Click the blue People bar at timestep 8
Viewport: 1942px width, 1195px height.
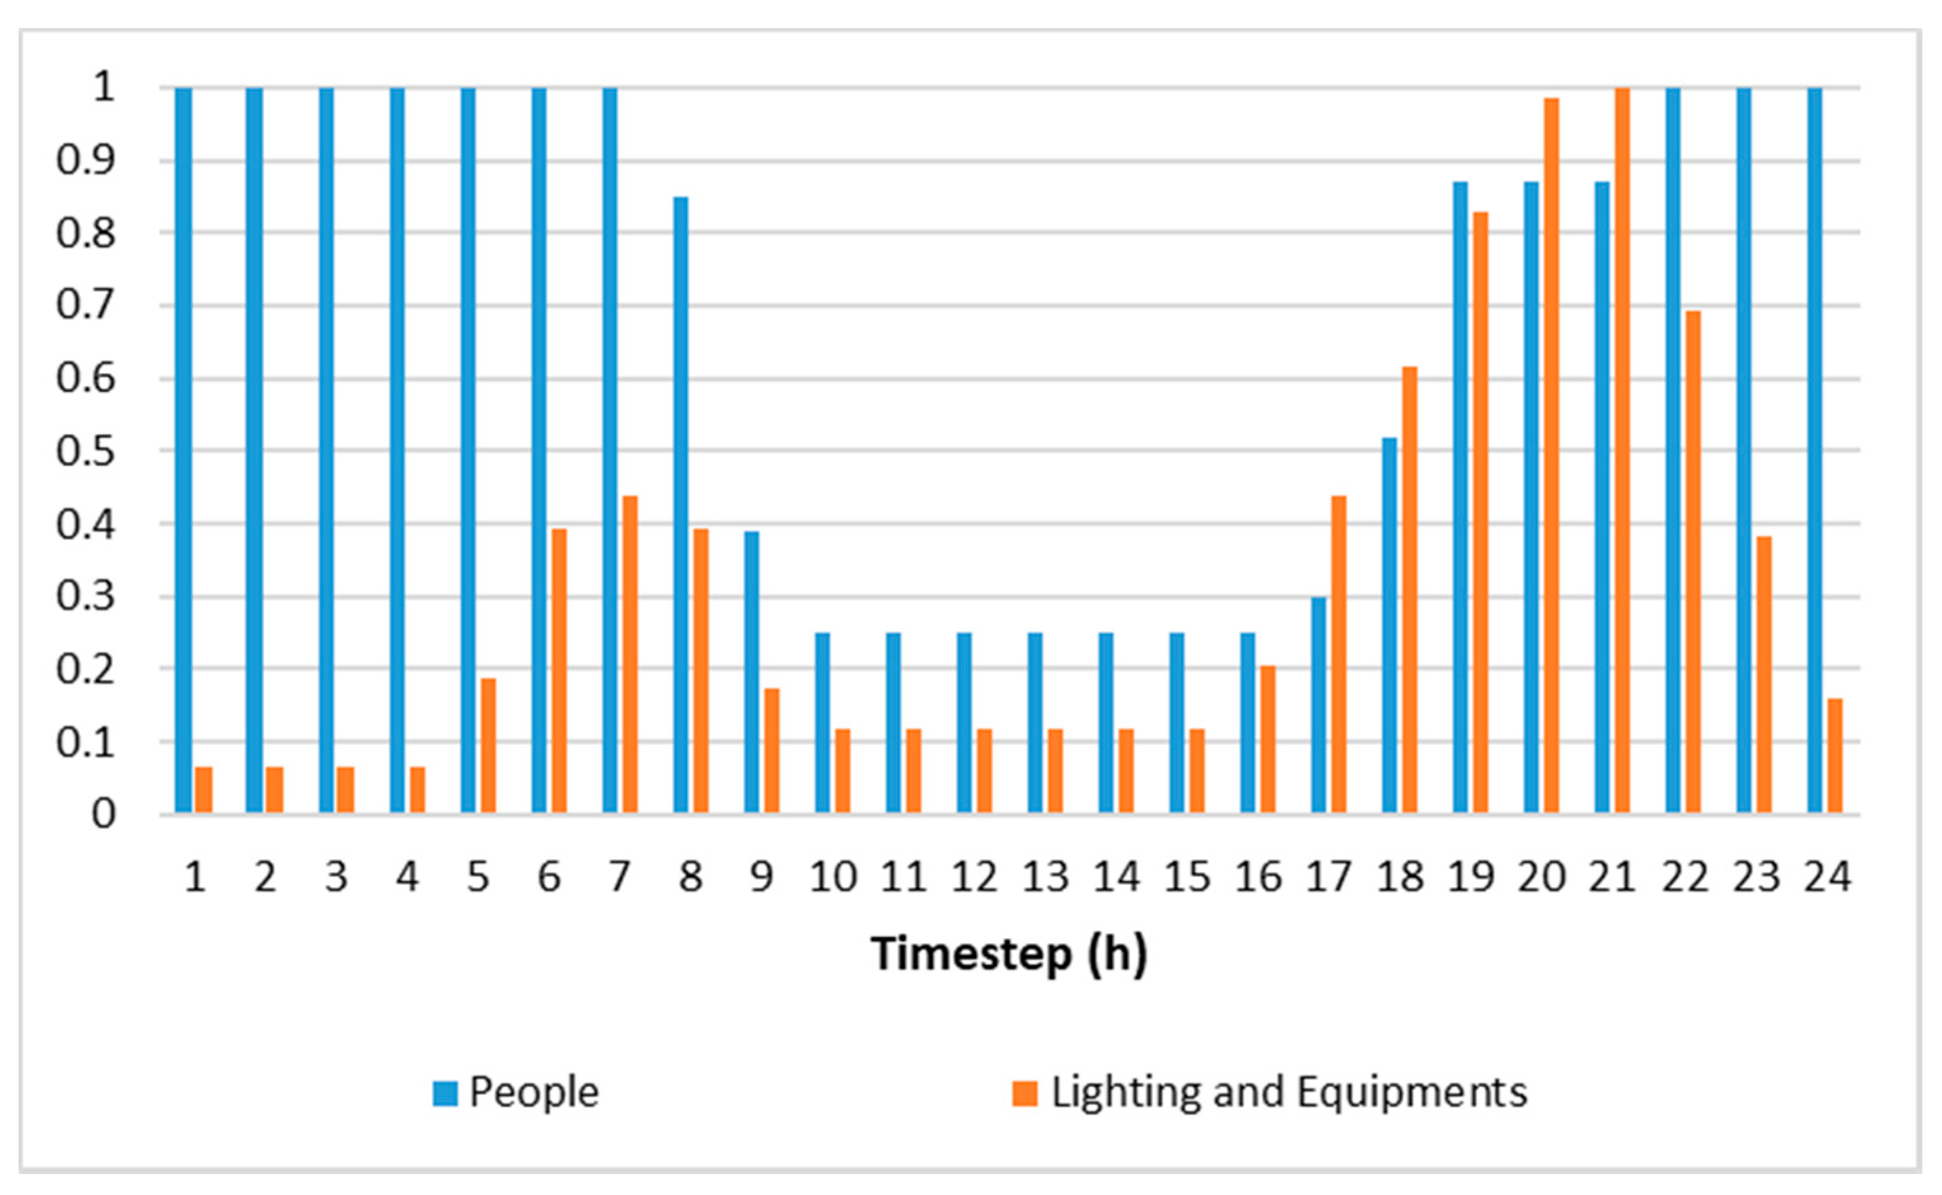point(681,506)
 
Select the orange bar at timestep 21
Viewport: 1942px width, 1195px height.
point(1622,451)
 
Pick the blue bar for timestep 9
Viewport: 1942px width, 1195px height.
point(751,673)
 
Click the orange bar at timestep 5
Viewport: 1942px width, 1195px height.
point(488,746)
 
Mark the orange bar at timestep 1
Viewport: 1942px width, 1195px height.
point(204,789)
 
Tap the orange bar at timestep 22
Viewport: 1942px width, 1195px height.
point(1693,562)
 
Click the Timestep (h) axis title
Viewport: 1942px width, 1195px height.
point(1009,954)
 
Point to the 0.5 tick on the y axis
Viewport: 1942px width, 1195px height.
point(85,452)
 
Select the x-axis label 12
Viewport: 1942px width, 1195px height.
point(974,877)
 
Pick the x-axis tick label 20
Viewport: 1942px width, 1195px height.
point(1542,877)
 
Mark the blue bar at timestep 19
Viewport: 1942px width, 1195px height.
point(1460,498)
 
